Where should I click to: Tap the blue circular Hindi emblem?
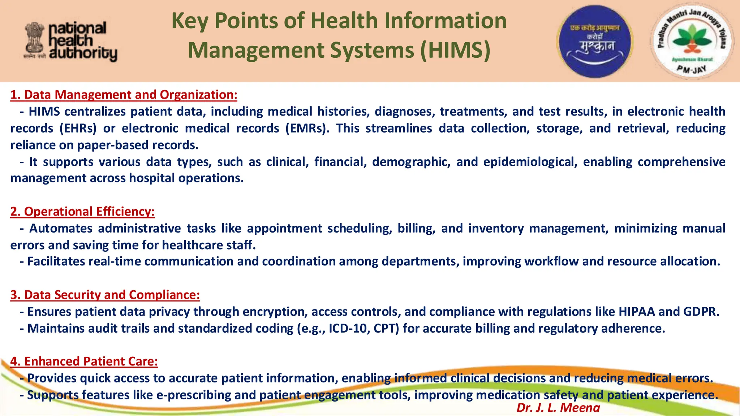(x=595, y=41)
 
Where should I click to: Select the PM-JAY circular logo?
(x=691, y=41)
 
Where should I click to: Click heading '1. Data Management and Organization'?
(x=124, y=95)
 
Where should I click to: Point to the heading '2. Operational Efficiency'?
(x=82, y=212)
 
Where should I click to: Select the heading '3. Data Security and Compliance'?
(x=105, y=295)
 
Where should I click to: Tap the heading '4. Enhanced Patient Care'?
(x=84, y=361)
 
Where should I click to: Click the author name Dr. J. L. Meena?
(x=558, y=408)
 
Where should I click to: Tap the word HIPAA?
(x=636, y=312)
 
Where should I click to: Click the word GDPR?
(x=701, y=312)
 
